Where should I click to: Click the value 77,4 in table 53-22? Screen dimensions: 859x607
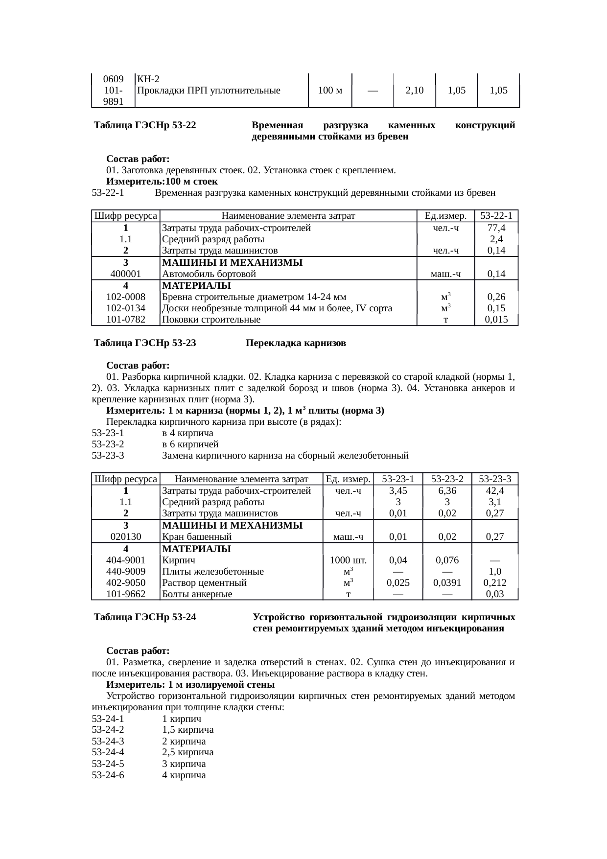click(496, 228)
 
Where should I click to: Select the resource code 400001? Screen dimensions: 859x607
click(126, 274)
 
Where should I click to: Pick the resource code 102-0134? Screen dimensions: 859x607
click(126, 308)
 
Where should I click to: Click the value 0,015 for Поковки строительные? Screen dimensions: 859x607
click(496, 320)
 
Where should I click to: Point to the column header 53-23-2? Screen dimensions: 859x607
click(447, 479)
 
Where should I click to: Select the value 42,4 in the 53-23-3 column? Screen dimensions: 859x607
click(495, 490)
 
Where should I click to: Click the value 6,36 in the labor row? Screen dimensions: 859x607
click(447, 490)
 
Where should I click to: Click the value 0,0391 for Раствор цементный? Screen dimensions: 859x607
click(447, 583)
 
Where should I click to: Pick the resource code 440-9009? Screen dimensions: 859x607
click(126, 572)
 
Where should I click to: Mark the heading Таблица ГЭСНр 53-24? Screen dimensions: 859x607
click(145, 617)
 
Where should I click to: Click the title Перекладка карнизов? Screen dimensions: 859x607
click(296, 343)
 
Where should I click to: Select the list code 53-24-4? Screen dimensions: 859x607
click(108, 752)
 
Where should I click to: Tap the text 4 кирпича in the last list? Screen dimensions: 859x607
click(184, 775)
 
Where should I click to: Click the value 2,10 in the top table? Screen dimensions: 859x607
click(415, 91)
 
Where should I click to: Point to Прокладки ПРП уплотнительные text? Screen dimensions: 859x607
click(209, 91)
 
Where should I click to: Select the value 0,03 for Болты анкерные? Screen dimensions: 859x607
click(495, 594)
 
